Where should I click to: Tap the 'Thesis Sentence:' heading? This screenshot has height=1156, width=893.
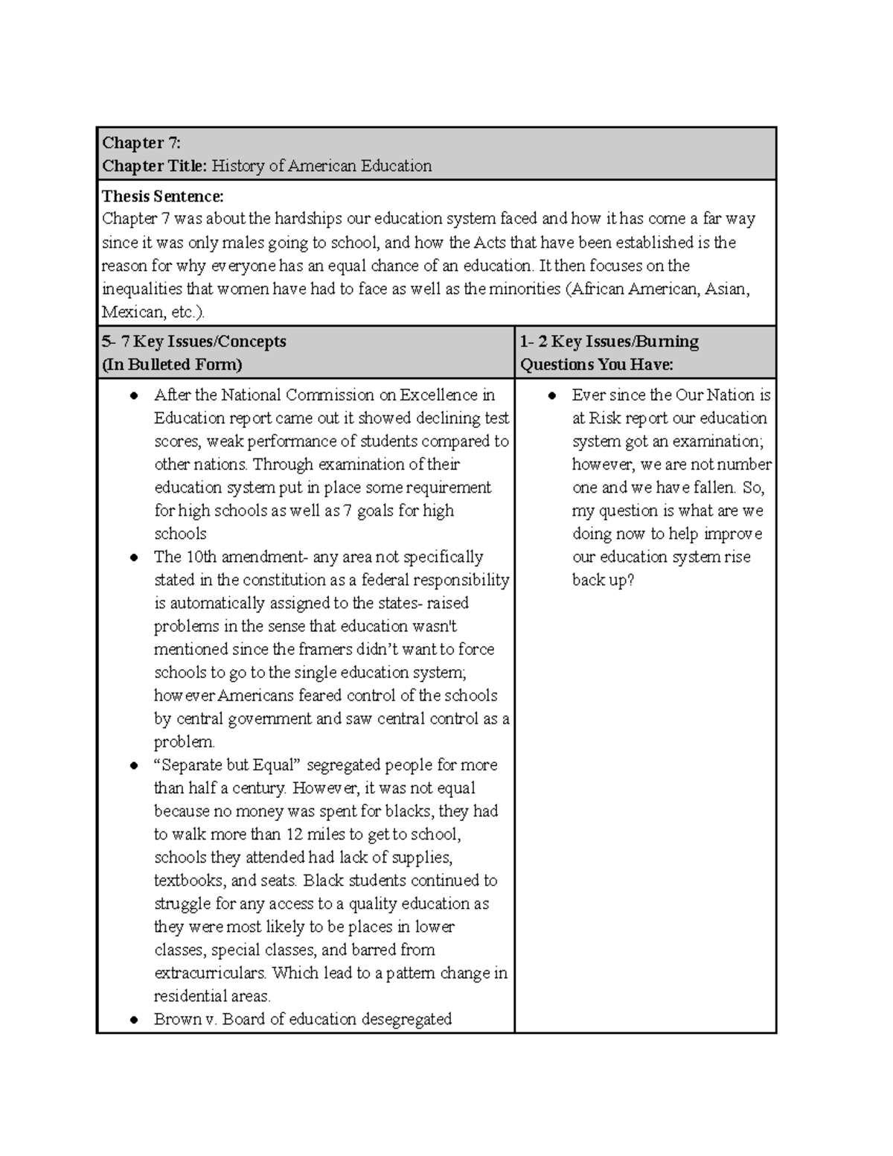[x=162, y=197]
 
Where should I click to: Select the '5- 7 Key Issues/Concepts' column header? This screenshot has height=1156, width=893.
[x=194, y=342]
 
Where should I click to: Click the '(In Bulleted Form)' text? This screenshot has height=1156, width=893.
[x=172, y=365]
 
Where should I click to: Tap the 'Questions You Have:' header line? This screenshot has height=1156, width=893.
[x=596, y=365]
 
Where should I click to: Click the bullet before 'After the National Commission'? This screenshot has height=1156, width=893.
[x=134, y=396]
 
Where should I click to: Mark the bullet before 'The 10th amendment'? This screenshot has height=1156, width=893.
[x=134, y=558]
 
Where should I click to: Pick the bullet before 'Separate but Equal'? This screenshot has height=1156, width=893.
[x=134, y=765]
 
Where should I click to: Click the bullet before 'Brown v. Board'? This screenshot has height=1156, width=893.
[x=134, y=1020]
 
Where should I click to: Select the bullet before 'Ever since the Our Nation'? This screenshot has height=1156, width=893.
[x=552, y=396]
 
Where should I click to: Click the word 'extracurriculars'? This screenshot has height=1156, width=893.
[x=210, y=973]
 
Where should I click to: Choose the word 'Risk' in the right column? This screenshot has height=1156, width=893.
[x=605, y=418]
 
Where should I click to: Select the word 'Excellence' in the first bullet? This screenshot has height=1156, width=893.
[x=440, y=395]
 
